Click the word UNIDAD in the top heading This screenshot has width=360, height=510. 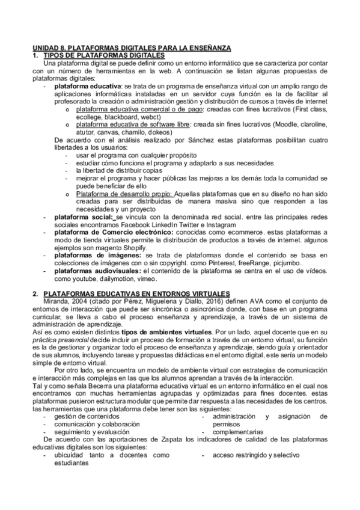click(x=44, y=48)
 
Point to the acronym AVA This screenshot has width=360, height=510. click(x=248, y=301)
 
